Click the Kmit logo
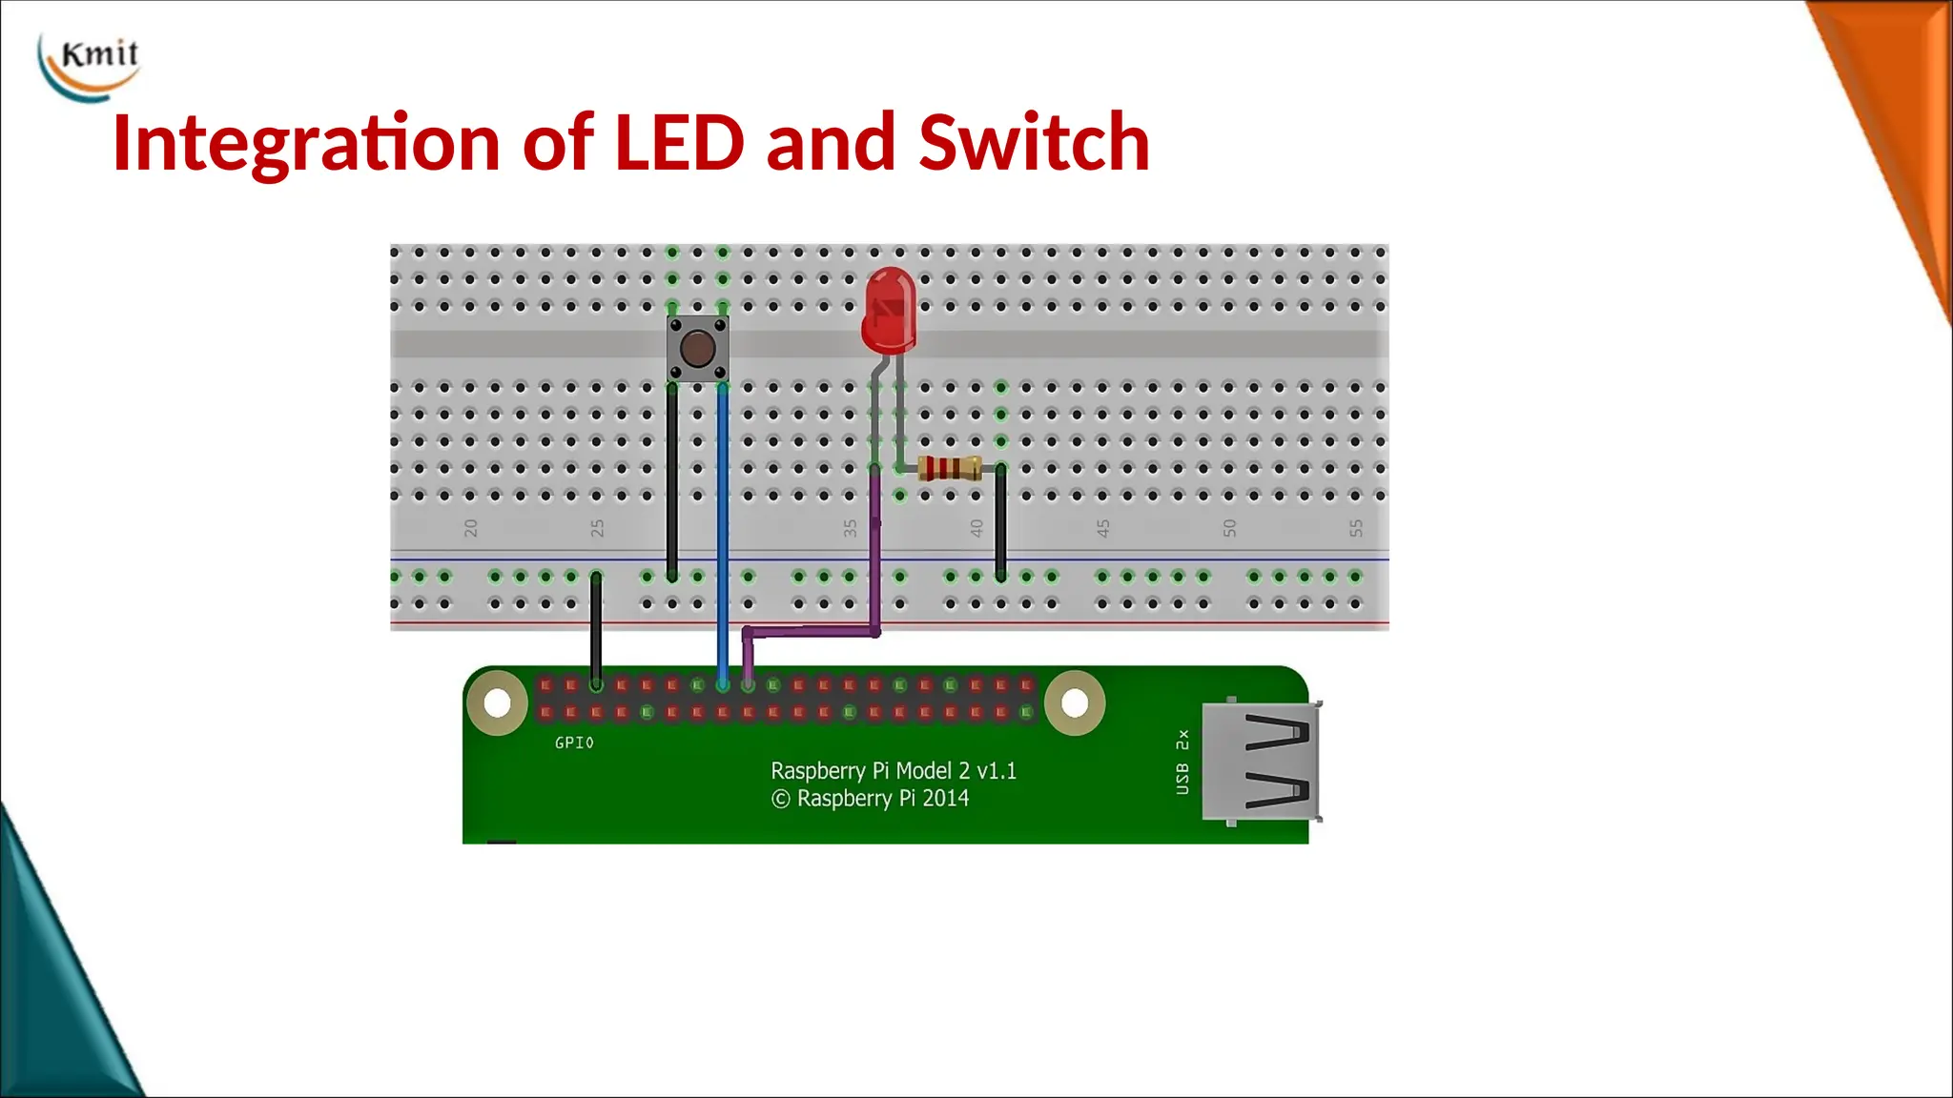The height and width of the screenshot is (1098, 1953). tap(91, 65)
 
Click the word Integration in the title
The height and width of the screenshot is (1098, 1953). tap(305, 143)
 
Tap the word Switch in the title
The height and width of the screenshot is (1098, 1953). tap(1034, 143)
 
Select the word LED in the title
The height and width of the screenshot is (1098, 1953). tap(678, 143)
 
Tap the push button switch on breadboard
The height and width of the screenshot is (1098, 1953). tap(697, 349)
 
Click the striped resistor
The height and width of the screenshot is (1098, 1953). tap(949, 468)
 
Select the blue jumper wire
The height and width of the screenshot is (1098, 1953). tap(723, 534)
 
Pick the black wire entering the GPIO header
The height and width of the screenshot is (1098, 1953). tap(596, 629)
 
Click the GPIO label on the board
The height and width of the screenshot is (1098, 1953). tap(574, 742)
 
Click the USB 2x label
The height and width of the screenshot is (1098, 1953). tap(1182, 762)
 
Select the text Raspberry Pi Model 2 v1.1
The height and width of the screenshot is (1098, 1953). tap(894, 770)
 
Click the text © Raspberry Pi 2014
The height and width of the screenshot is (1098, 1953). tap(870, 799)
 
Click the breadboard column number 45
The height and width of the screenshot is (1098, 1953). tap(1103, 528)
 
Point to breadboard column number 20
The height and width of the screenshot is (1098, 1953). tap(470, 528)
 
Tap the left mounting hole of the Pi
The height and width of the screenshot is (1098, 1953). tap(497, 703)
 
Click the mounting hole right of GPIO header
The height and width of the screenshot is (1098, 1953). tap(1075, 703)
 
